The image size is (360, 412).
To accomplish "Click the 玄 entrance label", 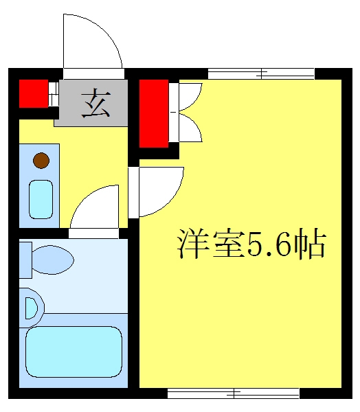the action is point(95,103).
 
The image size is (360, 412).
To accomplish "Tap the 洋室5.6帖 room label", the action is point(251,243).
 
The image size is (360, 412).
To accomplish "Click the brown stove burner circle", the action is point(41,160).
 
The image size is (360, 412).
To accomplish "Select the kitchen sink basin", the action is point(41,199).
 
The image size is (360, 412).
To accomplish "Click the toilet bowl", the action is point(53,260).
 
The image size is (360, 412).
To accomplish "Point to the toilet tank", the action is point(25,260).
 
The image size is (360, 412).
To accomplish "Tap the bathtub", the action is point(74,352).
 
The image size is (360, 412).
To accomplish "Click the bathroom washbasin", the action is point(32,308).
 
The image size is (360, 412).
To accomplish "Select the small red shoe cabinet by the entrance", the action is point(34,93).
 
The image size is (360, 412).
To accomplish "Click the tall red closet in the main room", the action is point(154,113).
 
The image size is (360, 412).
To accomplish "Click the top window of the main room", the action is point(261,73).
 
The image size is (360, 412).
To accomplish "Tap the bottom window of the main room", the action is point(234,393).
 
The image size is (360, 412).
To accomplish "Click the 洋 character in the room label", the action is point(193,243).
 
